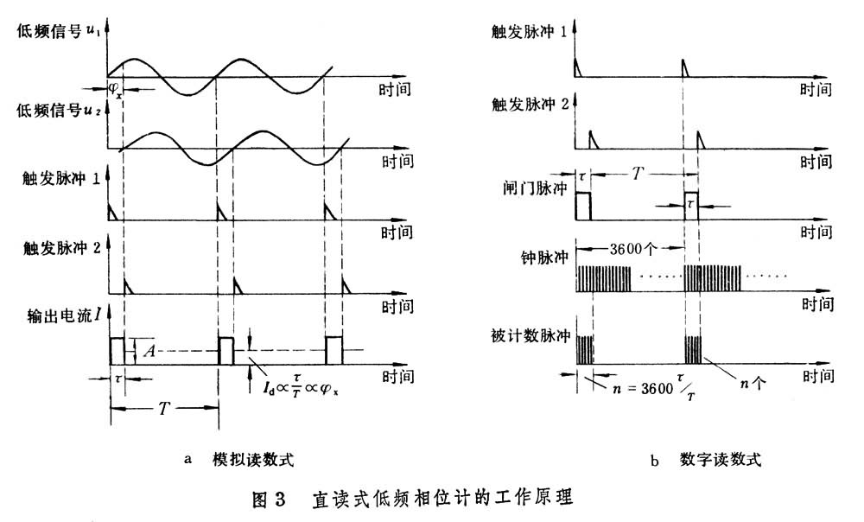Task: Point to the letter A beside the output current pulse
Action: (148, 351)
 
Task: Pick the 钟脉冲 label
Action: (545, 258)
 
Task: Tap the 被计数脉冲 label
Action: (533, 334)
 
